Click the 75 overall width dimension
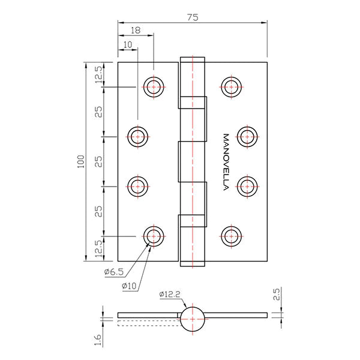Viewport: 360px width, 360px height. coord(192,18)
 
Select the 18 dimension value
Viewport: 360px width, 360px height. coord(135,29)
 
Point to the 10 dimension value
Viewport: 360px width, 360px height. coord(127,44)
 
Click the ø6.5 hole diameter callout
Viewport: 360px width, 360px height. coord(113,272)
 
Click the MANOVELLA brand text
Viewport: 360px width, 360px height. coord(226,161)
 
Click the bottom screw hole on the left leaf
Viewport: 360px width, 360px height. coord(154,236)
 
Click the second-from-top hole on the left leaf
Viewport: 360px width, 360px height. coord(139,137)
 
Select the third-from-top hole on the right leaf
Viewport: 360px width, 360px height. coord(247,186)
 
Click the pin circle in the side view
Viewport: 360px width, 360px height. coord(193,319)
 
